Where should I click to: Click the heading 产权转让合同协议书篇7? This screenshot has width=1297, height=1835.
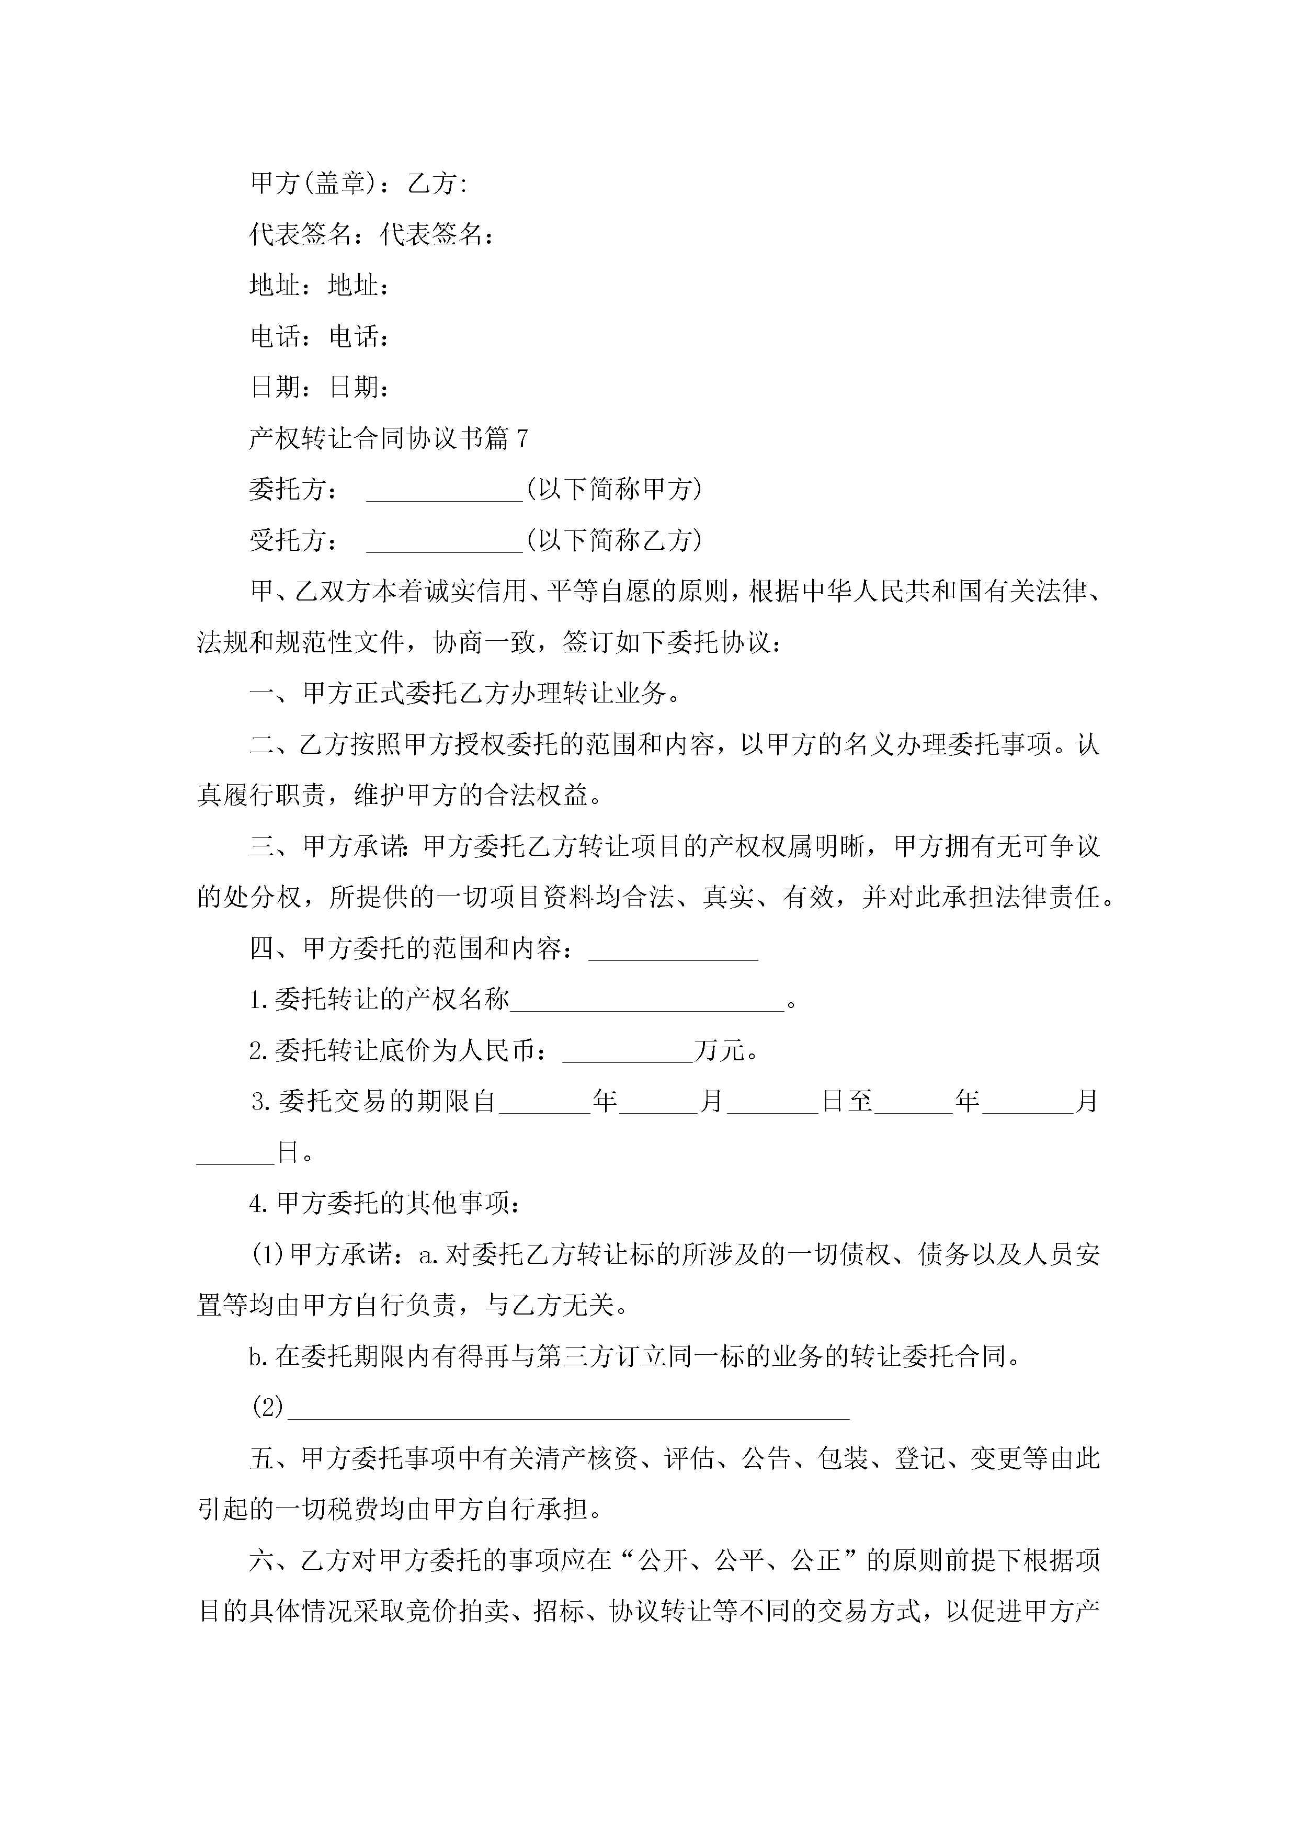coord(389,438)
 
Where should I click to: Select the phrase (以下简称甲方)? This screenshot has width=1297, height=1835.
coord(614,489)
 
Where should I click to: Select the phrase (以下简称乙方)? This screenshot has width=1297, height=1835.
coord(614,540)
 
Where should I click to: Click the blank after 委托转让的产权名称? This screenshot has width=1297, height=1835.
coord(647,1001)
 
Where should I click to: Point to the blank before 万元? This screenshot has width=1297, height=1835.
coord(628,1052)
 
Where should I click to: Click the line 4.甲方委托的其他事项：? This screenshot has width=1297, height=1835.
coord(385,1203)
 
